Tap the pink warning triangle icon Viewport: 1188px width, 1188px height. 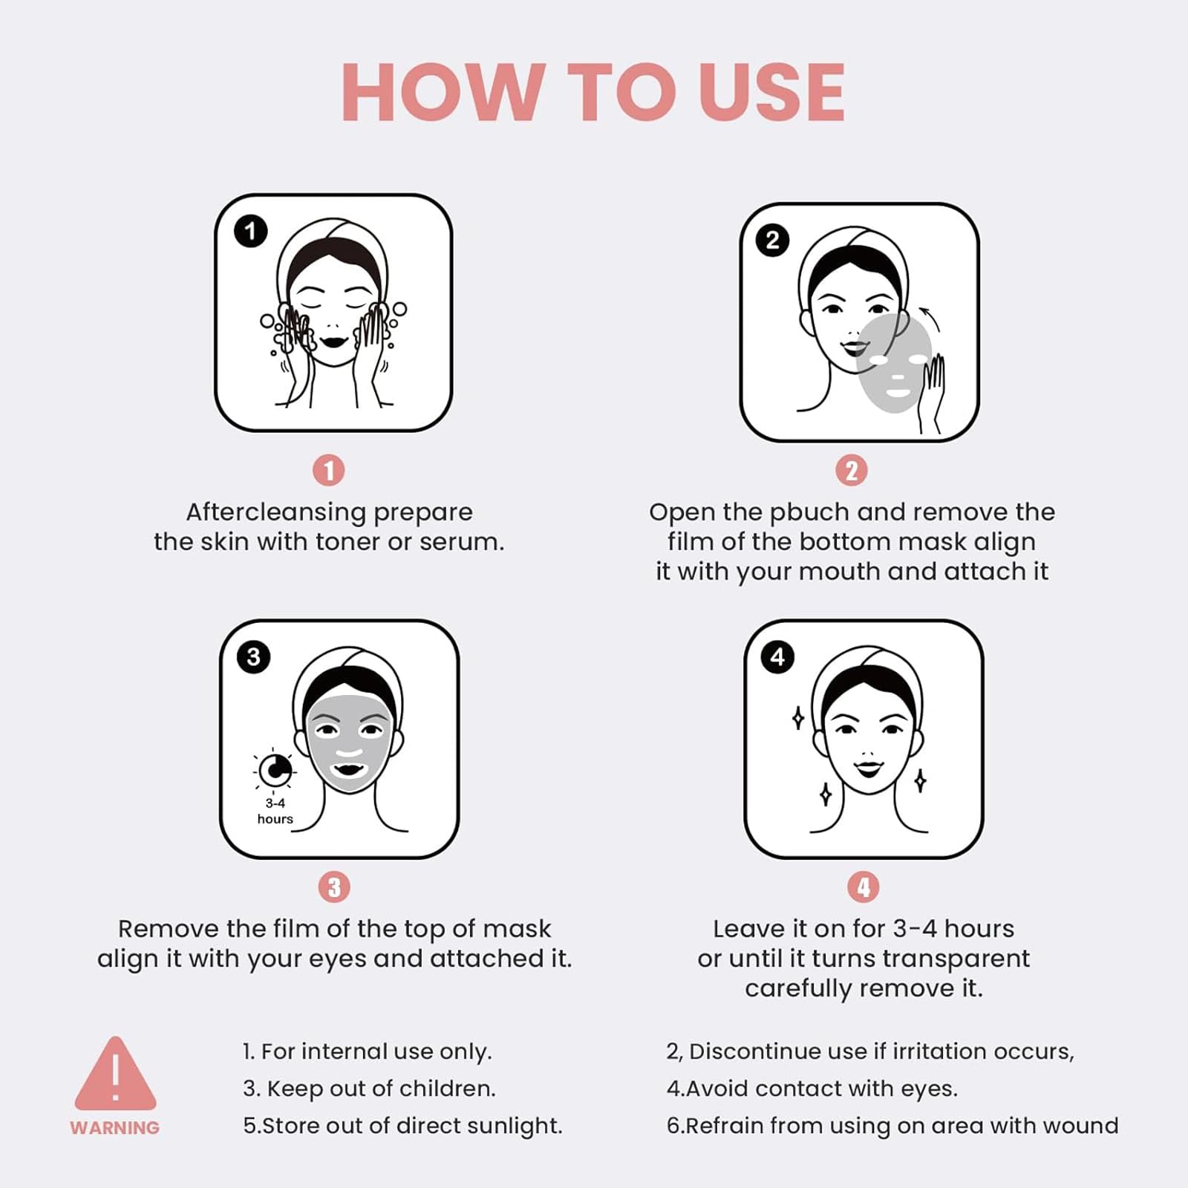tap(115, 1073)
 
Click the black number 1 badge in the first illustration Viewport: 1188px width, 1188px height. tap(251, 232)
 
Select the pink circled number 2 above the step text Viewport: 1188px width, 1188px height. tap(852, 471)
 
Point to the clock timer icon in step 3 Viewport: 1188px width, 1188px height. tap(274, 770)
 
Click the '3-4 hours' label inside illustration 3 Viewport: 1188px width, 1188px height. tap(275, 811)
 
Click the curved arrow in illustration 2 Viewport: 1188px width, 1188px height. tap(929, 319)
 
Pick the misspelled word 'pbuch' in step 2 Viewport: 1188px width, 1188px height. tap(809, 512)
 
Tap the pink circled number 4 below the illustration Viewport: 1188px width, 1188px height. tap(864, 887)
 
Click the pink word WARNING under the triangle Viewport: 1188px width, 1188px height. tap(115, 1128)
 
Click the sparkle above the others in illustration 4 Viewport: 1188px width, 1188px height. tap(798, 718)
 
